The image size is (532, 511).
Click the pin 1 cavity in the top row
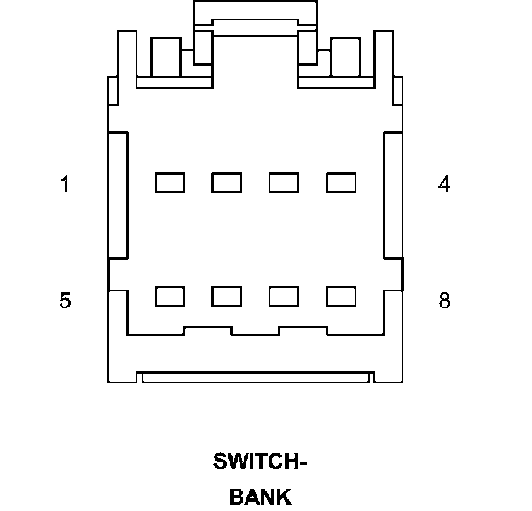point(170,182)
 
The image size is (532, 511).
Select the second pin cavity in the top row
point(227,182)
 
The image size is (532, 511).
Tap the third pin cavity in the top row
point(284,182)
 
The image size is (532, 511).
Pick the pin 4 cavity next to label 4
point(341,182)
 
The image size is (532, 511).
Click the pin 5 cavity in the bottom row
point(170,296)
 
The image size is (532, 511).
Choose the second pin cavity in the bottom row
point(227,296)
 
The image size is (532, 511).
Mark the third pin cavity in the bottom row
point(284,296)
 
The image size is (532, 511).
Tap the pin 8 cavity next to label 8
point(341,296)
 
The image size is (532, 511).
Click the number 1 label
point(65,184)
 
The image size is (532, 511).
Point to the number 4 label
point(444,184)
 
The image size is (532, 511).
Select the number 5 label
point(65,301)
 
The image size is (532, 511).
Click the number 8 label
point(444,301)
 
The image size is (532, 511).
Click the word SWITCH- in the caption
point(259,462)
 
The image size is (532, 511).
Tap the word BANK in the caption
point(260,497)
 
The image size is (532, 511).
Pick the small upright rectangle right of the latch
point(346,58)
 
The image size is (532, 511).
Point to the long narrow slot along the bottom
point(257,376)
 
